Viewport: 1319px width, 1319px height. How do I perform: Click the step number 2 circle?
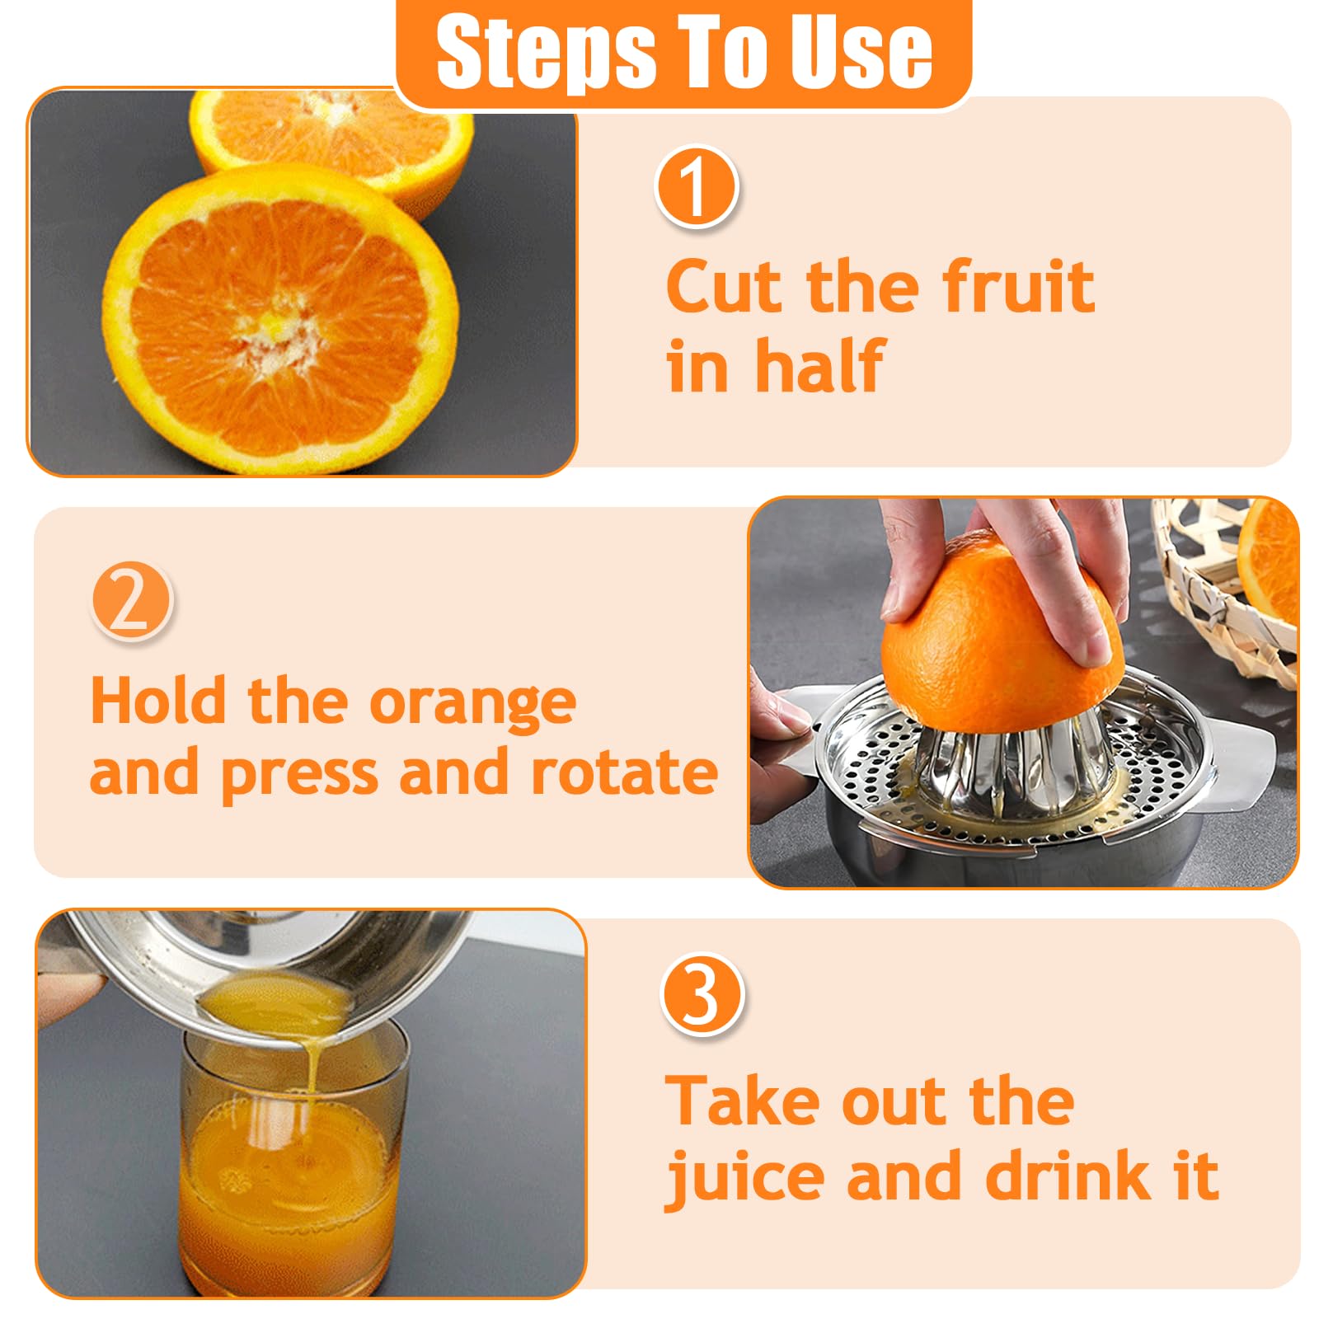point(131,603)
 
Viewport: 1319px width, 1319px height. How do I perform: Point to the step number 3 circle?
point(702,994)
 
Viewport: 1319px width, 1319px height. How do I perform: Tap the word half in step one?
point(820,364)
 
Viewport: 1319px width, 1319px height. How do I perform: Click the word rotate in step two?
point(624,773)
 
